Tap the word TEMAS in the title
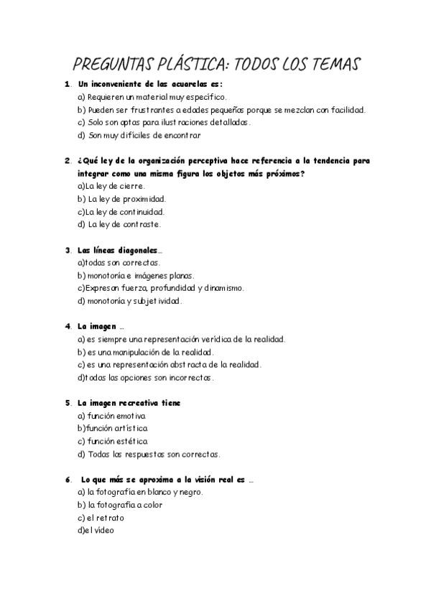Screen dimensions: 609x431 coord(328,64)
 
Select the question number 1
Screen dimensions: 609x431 coord(67,84)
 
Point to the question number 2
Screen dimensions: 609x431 coord(67,161)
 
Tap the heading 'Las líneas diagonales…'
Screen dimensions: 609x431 coord(120,250)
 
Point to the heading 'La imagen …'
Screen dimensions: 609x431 coord(101,327)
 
